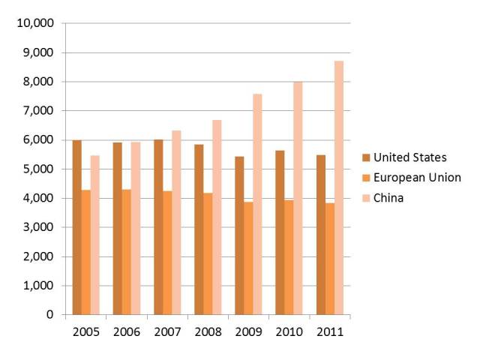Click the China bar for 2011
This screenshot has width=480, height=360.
click(339, 187)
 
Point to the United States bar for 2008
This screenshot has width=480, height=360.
click(199, 229)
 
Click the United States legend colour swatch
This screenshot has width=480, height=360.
click(366, 157)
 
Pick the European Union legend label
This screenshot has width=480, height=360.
click(417, 178)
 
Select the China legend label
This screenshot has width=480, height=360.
click(388, 198)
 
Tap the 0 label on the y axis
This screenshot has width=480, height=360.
click(49, 315)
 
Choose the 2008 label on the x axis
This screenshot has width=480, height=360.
click(208, 331)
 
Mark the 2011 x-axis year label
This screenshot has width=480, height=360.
click(330, 331)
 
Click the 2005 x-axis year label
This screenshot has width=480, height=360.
click(85, 331)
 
